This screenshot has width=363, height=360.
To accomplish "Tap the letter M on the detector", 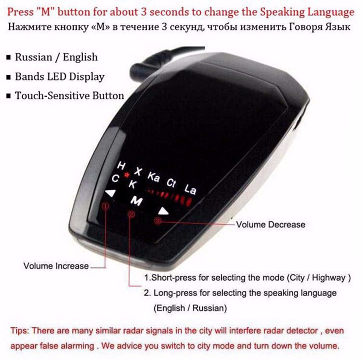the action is coord(136,201).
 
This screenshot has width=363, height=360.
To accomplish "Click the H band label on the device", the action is coord(121,166).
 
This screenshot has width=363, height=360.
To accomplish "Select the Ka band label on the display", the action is coord(153,177).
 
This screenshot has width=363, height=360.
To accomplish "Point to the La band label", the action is coord(190,189).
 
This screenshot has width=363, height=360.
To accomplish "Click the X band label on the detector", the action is coord(138,171).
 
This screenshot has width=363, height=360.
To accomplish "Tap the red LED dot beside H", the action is coord(127,175).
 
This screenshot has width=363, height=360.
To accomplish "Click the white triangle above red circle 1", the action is coord(110,193).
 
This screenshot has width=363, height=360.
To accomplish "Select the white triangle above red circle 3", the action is coord(163,211).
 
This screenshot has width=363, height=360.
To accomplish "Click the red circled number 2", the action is coord(131,214).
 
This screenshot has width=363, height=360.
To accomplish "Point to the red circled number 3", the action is coord(158,221).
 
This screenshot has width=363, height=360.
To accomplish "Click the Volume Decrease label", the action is coord(271,225).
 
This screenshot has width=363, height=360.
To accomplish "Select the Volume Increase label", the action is coord(56,266).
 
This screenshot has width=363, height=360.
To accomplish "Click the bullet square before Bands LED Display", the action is coord(9,77).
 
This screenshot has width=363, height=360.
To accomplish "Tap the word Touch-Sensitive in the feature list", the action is coord(52,95).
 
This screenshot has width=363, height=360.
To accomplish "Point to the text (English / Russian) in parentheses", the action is coord(190,308).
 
